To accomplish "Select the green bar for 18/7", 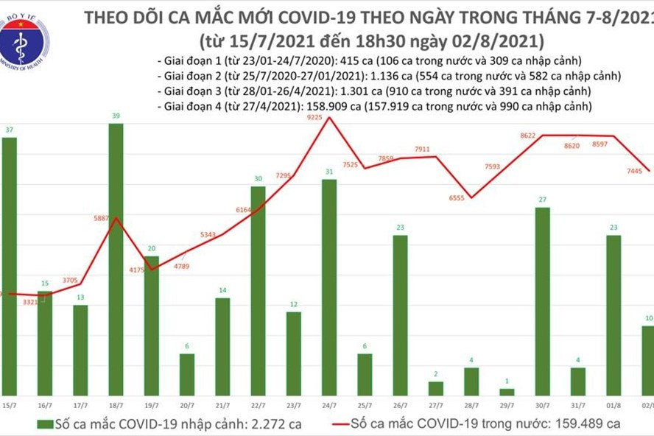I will point(116,258).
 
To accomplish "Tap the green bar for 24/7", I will point(330,287).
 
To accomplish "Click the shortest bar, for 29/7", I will point(507,392).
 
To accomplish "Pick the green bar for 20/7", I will point(187,374).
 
